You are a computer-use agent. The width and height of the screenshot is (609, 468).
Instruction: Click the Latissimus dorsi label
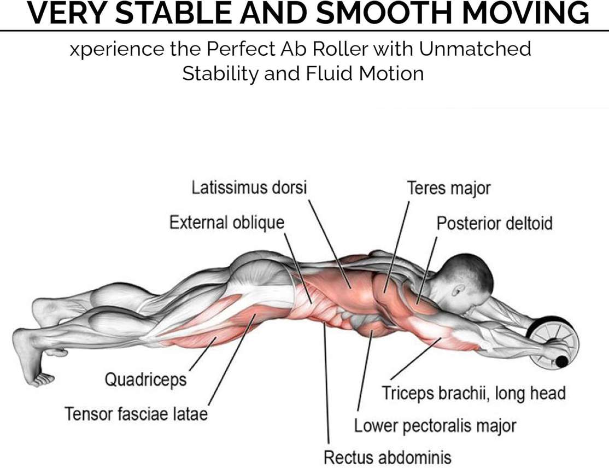[x=249, y=188]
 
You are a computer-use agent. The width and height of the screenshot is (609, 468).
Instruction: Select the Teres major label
[x=448, y=188]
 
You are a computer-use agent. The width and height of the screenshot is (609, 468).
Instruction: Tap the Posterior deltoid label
[x=494, y=224]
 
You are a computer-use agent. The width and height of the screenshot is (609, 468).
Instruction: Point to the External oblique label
[x=227, y=223]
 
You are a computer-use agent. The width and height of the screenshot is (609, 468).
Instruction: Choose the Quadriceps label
[x=145, y=379]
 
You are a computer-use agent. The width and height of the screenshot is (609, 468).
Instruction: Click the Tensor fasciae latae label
[x=136, y=413]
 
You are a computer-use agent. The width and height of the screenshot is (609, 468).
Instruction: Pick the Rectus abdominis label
[x=388, y=457]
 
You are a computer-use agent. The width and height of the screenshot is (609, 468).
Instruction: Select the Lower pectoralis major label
[x=435, y=425]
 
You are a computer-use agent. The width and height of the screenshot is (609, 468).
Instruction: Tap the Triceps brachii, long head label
[x=473, y=393]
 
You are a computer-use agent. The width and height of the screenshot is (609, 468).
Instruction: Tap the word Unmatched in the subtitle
[x=476, y=49]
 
